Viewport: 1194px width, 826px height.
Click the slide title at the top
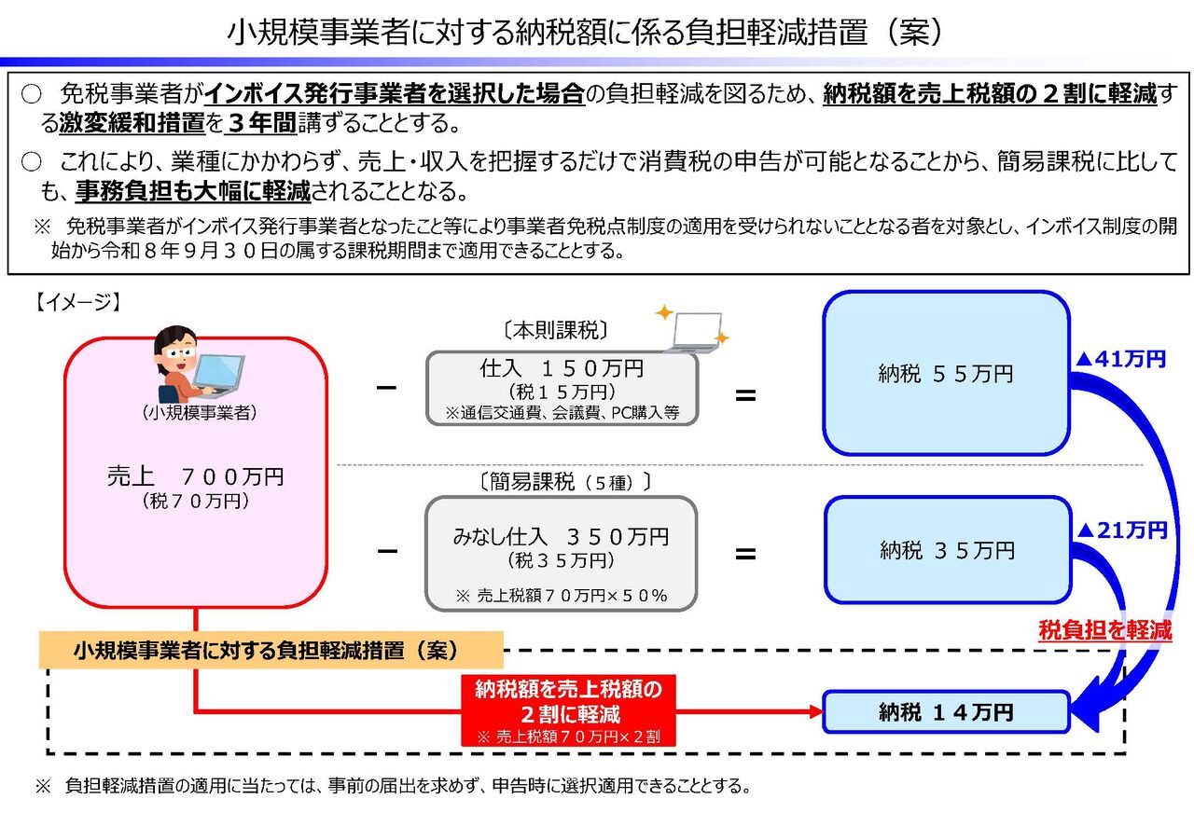click(585, 32)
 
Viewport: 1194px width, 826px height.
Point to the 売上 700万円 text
click(195, 475)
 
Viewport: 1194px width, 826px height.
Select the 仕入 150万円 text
click(562, 367)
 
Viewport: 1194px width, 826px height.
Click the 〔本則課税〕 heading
click(555, 331)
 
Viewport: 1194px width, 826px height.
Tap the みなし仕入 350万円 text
click(561, 537)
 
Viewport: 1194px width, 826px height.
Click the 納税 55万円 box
click(946, 373)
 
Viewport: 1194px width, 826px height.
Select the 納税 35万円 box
click(948, 550)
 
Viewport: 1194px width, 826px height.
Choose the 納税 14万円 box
click(946, 712)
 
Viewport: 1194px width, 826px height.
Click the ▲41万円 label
click(1120, 359)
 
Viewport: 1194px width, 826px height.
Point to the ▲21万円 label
click(1121, 530)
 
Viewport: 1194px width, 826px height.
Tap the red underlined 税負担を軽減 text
click(1105, 630)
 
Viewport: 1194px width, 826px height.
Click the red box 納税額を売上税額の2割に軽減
click(568, 710)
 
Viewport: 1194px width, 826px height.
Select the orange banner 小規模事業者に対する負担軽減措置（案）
click(271, 650)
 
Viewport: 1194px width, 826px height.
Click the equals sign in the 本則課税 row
click(745, 395)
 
